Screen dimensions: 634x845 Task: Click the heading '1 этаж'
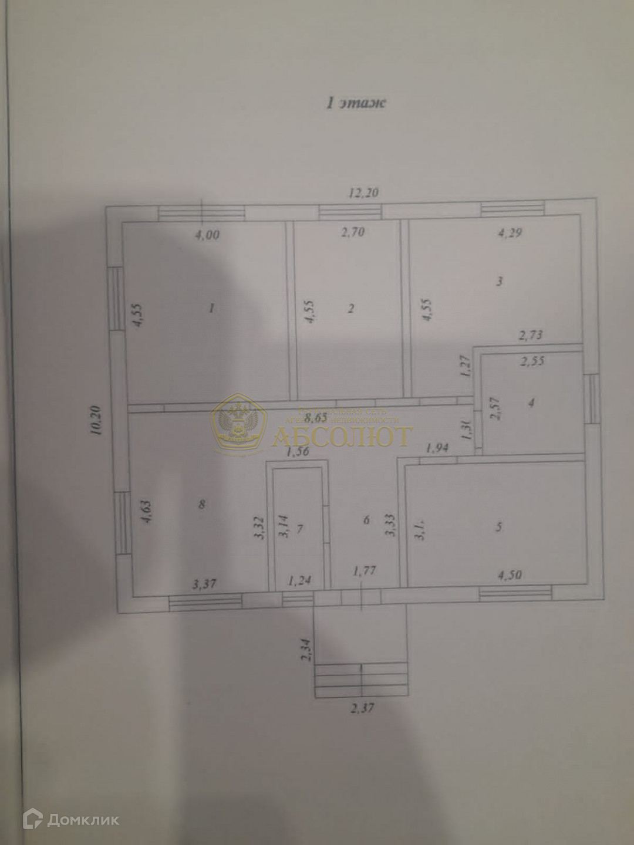click(356, 103)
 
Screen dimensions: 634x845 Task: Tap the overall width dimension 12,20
click(364, 193)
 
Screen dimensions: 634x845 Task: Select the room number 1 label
click(212, 307)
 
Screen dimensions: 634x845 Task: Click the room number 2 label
click(350, 309)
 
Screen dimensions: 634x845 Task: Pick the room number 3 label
click(499, 281)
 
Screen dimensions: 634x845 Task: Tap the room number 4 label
click(531, 403)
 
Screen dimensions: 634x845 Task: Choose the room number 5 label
click(498, 527)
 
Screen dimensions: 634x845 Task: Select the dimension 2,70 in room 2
click(353, 232)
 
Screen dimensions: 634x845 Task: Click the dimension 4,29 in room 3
click(510, 232)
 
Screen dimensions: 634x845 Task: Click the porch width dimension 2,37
click(362, 708)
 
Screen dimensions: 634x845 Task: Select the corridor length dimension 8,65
click(318, 418)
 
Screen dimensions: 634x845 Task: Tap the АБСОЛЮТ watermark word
click(343, 435)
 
